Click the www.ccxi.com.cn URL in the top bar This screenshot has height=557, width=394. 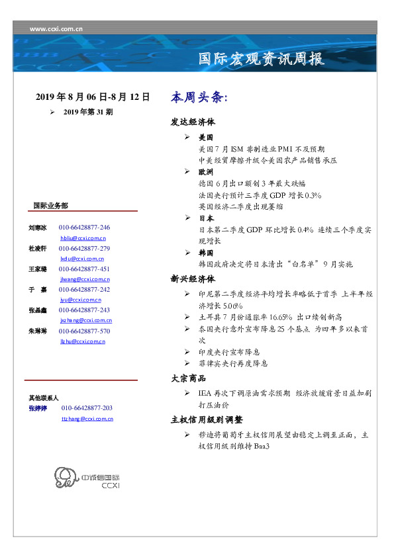tap(56, 28)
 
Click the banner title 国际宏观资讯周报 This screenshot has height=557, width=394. tap(262, 59)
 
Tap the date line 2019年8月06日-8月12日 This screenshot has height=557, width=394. tap(93, 97)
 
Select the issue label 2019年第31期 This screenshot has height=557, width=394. tap(87, 112)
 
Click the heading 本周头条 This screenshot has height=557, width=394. tap(199, 97)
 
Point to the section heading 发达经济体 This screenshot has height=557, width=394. tap(193, 122)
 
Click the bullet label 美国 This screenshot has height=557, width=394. tap(205, 138)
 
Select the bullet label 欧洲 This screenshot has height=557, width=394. tap(205, 171)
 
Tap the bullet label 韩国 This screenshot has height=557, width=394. tap(205, 253)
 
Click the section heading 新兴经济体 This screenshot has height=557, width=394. tap(193, 278)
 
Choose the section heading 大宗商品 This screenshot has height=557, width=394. tap(188, 378)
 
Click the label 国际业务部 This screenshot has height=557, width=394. tap(50, 206)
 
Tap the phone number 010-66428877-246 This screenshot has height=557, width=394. tap(84, 227)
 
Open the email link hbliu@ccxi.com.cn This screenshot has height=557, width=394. tap(83, 237)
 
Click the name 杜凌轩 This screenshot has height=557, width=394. tap(37, 248)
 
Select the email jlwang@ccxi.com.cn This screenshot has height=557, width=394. tap(83, 279)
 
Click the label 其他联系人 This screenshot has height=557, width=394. tap(43, 398)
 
